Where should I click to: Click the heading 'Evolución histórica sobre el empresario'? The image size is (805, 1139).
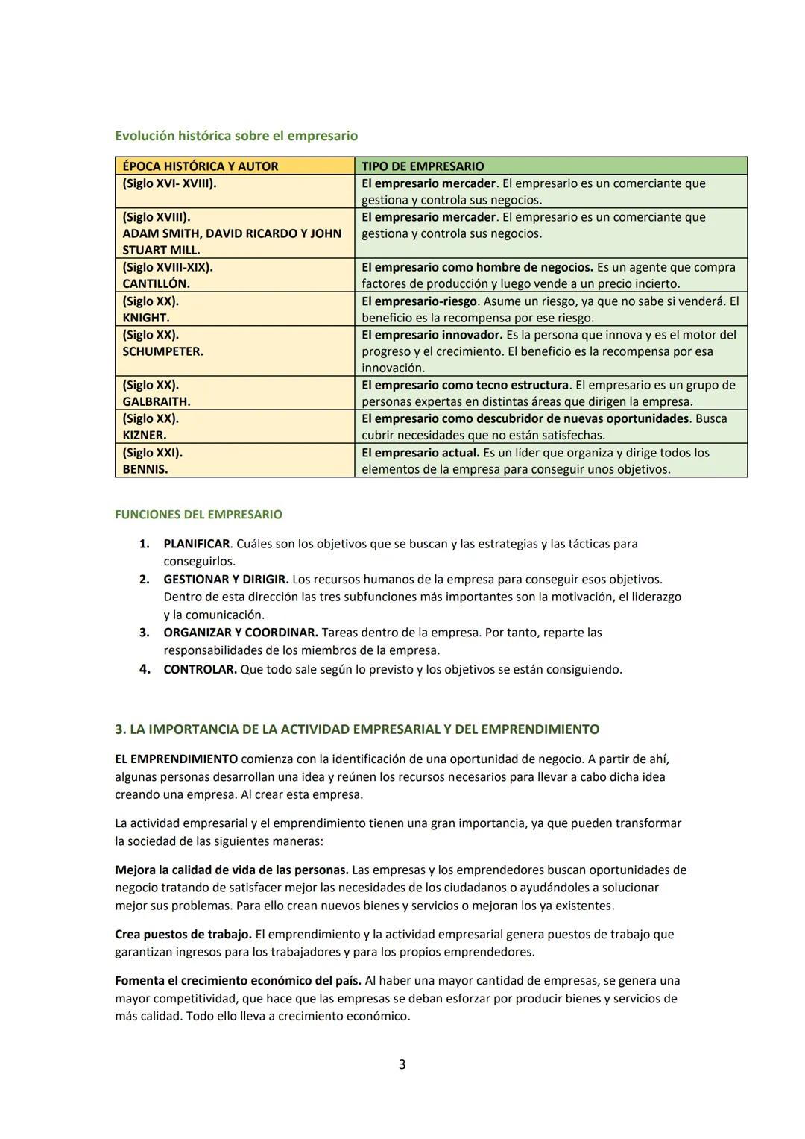click(x=236, y=136)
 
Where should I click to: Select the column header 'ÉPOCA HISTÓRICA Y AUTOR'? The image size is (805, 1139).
click(x=200, y=166)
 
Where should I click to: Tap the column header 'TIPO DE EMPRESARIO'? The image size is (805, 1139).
click(x=422, y=166)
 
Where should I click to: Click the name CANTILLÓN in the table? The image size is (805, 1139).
click(x=156, y=284)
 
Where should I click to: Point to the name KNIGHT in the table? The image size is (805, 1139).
click(x=145, y=318)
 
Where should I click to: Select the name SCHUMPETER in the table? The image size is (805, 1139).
click(x=162, y=351)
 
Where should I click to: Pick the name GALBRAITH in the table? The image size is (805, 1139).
click(x=156, y=402)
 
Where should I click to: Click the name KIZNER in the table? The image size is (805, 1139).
click(x=144, y=436)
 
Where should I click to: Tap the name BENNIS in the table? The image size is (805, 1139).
click(x=145, y=469)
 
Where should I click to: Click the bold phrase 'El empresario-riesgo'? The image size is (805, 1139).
click(x=420, y=301)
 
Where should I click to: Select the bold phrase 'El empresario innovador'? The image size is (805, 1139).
click(x=432, y=335)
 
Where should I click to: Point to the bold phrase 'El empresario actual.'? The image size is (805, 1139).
click(x=420, y=453)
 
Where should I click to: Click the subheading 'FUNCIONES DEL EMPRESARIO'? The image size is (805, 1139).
click(x=198, y=515)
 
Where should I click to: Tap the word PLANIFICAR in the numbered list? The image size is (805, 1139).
click(x=196, y=544)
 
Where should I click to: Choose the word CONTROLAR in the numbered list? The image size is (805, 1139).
click(x=200, y=670)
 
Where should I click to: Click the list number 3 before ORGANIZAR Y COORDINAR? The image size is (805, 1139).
click(x=145, y=633)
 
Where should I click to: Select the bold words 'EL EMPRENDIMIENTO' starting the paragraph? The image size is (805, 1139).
click(x=176, y=759)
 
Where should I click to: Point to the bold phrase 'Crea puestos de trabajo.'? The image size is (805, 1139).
click(x=183, y=935)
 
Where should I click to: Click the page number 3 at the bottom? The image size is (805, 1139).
click(x=402, y=1064)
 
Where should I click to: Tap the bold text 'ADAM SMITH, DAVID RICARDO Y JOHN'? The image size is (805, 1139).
click(x=231, y=233)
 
